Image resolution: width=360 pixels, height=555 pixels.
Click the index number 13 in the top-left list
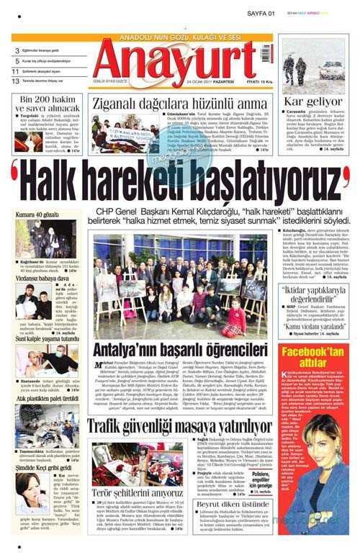click(x=15, y=81)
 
